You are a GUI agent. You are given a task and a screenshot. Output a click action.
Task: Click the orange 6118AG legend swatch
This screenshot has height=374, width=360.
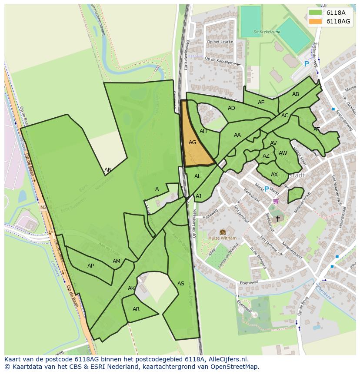pos(315,21)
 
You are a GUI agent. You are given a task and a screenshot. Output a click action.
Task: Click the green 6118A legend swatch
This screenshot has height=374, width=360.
pos(315,13)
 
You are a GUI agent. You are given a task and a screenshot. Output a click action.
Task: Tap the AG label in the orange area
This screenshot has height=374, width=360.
pos(193,142)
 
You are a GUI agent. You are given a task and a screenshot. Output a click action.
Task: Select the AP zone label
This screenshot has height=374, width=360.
pos(90,266)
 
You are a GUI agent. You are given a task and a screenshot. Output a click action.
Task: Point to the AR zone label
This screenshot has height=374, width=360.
pos(136,309)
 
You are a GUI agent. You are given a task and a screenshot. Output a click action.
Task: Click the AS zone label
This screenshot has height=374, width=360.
pos(181,284)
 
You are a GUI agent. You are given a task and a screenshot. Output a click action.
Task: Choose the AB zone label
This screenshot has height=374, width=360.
pos(296,94)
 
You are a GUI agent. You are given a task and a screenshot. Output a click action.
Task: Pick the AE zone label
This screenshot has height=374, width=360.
pos(261,103)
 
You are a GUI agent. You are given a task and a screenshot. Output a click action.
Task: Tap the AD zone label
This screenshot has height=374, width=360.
pos(231,108)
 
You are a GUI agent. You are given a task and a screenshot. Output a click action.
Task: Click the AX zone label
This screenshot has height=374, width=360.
pos(274,175)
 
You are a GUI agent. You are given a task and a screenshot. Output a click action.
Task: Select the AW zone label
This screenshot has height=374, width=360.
pos(283,153)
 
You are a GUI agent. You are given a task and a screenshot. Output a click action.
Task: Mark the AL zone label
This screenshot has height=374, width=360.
pos(197,176)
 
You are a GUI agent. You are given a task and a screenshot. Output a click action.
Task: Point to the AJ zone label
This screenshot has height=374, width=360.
pos(199,196)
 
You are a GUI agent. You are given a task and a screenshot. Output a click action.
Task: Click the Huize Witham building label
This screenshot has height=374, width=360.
pos(223,238)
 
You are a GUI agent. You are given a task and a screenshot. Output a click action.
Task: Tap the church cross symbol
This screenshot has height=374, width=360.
pos(278,219)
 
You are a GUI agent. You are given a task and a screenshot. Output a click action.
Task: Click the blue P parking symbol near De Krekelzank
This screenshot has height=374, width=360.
pos(307,64)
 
